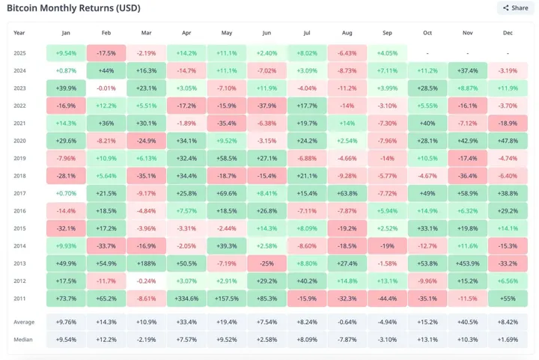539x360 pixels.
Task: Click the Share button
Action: click(515, 8)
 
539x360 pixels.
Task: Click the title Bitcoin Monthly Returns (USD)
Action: click(73, 8)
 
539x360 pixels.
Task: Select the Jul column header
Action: click(307, 33)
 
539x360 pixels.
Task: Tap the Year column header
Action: click(19, 33)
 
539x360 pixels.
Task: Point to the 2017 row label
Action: click(19, 193)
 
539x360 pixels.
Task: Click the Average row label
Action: click(24, 322)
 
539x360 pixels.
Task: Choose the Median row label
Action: click(23, 339)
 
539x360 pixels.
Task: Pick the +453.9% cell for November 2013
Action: click(468, 263)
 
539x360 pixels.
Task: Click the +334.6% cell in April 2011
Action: click(186, 299)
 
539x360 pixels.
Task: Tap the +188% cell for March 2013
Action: click(146, 263)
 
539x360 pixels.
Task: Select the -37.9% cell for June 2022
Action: click(267, 106)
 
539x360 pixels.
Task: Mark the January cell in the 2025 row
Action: click(66, 53)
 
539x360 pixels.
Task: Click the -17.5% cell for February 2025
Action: click(106, 53)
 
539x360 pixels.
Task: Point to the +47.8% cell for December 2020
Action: click(508, 141)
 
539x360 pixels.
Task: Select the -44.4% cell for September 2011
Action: click(387, 299)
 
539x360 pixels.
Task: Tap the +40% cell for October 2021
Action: click(427, 123)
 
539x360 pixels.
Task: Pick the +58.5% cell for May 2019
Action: click(227, 159)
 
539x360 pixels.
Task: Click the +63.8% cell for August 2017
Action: click(347, 193)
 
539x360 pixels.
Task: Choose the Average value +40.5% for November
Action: click(468, 322)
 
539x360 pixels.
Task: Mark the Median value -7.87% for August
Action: click(347, 339)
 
